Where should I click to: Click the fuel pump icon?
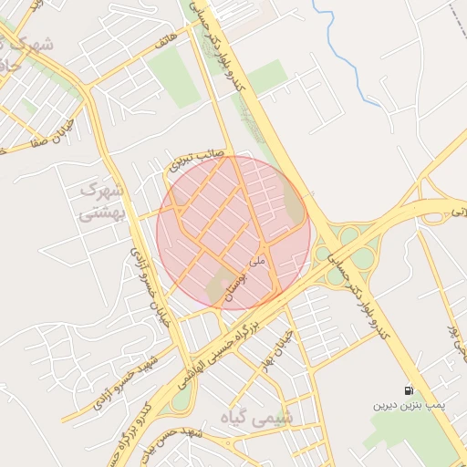click(x=407, y=390)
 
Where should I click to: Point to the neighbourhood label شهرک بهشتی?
click(x=101, y=202)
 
